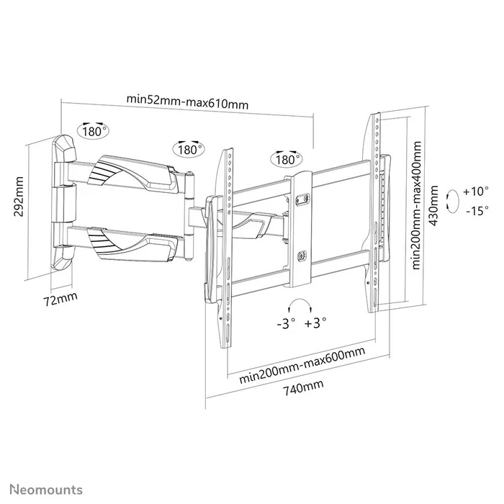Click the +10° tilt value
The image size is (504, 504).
pyautogui.click(x=476, y=192)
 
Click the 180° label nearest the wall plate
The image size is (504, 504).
pyautogui.click(x=94, y=132)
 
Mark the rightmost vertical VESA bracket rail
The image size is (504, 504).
pyautogui.click(x=375, y=212)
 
